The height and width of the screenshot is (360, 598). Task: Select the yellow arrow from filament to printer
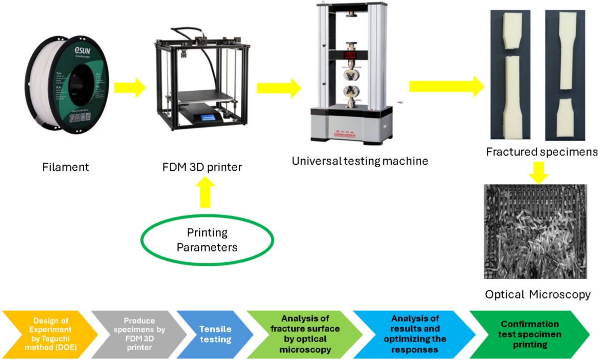tap(129, 88)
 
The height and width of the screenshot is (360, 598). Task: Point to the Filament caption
tap(65, 168)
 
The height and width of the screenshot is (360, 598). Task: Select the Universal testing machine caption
tap(360, 161)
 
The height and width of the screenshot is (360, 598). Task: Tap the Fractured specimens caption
tap(541, 151)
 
